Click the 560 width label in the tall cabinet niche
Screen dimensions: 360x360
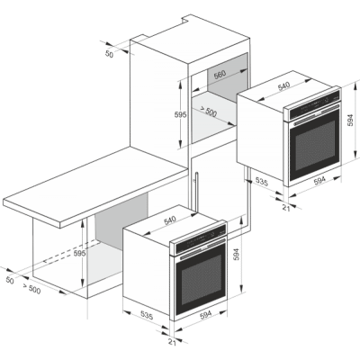[x=220, y=76]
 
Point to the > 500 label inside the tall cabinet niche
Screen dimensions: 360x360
[x=207, y=111]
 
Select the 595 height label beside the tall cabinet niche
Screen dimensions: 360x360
[x=181, y=114]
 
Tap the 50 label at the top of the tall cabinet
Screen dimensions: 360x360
[x=109, y=54]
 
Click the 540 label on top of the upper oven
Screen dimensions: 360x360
[x=283, y=86]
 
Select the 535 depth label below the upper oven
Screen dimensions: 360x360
[x=262, y=181]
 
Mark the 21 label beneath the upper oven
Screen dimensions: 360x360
[x=286, y=208]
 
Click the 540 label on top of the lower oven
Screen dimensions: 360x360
[x=170, y=220]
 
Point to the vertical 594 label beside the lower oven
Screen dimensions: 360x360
[x=237, y=254]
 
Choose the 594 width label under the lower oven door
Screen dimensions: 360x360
[x=206, y=314]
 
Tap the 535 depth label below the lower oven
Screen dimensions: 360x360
[x=147, y=316]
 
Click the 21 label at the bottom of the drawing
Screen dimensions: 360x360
[x=172, y=342]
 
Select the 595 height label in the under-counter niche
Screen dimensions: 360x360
[x=80, y=254]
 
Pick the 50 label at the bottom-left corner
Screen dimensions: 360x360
[x=10, y=281]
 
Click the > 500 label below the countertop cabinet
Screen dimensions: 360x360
[x=31, y=289]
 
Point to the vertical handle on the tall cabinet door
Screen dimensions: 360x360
[x=196, y=192]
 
